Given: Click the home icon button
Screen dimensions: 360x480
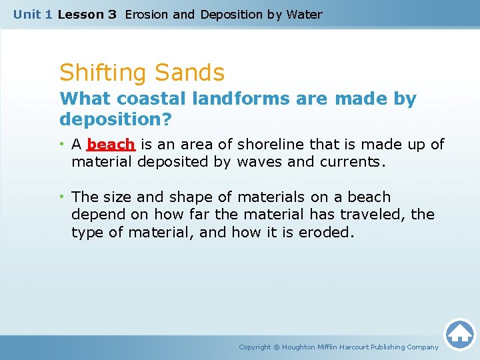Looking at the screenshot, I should [x=459, y=334].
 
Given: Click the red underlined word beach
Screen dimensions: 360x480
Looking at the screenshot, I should [x=111, y=145].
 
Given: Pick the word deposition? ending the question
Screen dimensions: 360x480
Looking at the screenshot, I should [x=115, y=119].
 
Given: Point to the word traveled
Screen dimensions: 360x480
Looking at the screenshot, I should [x=370, y=215].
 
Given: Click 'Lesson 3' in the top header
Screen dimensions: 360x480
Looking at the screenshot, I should [x=87, y=14].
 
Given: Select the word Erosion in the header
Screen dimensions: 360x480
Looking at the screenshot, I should [x=147, y=14].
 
